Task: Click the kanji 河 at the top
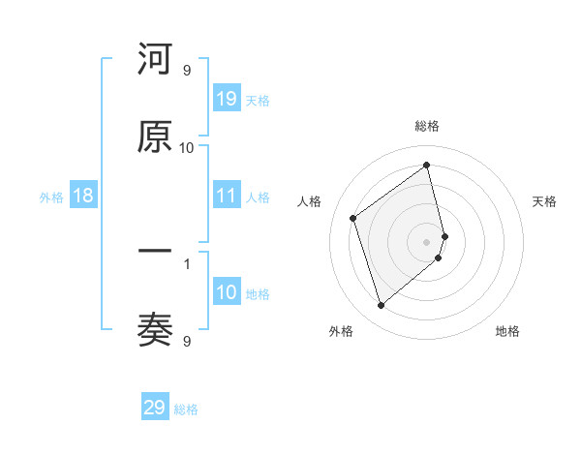pyautogui.click(x=155, y=60)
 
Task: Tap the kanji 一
pyautogui.click(x=155, y=253)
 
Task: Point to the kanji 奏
pyautogui.click(x=155, y=331)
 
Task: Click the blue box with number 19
pyautogui.click(x=227, y=99)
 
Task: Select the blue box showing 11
pyautogui.click(x=227, y=197)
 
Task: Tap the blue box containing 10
pyautogui.click(x=227, y=293)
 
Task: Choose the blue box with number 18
pyautogui.click(x=83, y=197)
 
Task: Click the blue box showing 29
pyautogui.click(x=155, y=408)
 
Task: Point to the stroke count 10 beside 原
pyautogui.click(x=186, y=147)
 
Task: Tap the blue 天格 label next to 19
pyautogui.click(x=258, y=100)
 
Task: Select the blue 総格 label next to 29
pyautogui.click(x=186, y=409)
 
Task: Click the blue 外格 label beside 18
pyautogui.click(x=51, y=197)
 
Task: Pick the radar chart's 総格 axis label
pyautogui.click(x=427, y=126)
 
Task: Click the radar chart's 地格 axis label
pyautogui.click(x=507, y=332)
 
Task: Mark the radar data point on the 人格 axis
pyautogui.click(x=353, y=218)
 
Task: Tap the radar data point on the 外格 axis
pyautogui.click(x=381, y=306)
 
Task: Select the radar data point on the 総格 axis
pyautogui.click(x=427, y=166)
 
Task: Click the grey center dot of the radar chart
pyautogui.click(x=427, y=241)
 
